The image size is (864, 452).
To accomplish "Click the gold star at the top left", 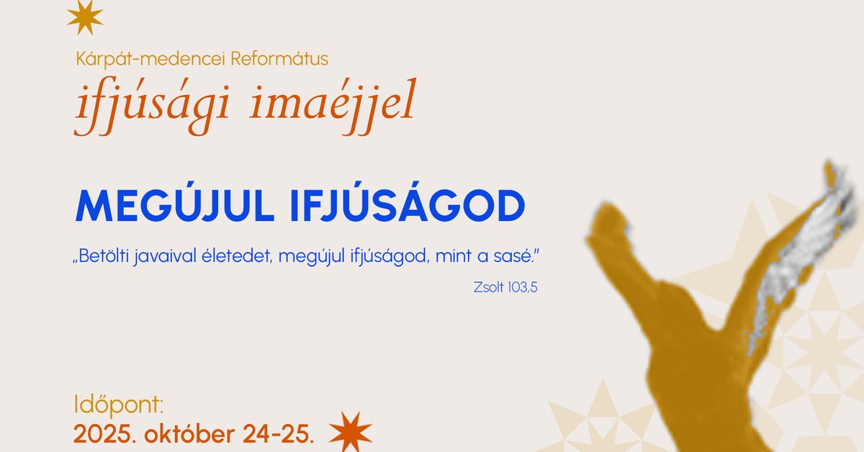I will coord(85,17).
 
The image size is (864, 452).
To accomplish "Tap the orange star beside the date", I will coord(350,430).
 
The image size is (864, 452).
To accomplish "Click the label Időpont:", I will coord(119,404).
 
